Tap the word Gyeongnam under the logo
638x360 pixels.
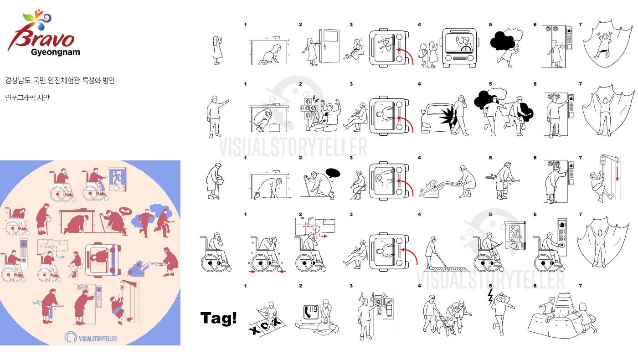[55, 52]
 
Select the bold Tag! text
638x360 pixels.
[218, 318]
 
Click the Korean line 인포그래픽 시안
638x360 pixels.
[27, 98]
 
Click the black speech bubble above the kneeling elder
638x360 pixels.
[333, 173]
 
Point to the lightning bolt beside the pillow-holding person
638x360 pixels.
[490, 297]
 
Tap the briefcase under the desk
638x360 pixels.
[274, 127]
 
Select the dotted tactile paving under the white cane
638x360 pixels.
[446, 269]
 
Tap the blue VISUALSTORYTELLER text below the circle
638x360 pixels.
[98, 339]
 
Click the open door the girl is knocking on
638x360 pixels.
[329, 46]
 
